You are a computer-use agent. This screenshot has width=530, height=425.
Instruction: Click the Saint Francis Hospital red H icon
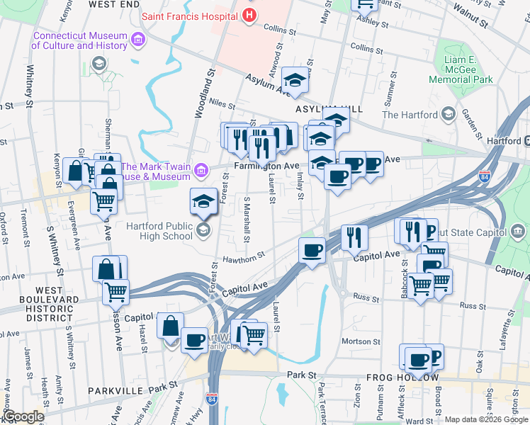coord(249,15)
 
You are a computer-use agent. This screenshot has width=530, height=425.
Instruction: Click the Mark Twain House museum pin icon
coord(201,171)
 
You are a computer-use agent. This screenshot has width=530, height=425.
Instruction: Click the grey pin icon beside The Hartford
coord(448,114)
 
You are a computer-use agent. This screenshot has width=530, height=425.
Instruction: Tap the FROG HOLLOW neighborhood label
coord(401,378)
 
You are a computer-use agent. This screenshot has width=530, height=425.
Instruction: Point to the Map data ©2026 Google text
coord(486,419)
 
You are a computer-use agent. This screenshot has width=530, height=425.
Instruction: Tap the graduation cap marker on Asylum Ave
coord(295,79)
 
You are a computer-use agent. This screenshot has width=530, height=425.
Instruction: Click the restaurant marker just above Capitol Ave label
coord(354,237)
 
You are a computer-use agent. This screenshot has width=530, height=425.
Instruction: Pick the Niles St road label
coord(222,104)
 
